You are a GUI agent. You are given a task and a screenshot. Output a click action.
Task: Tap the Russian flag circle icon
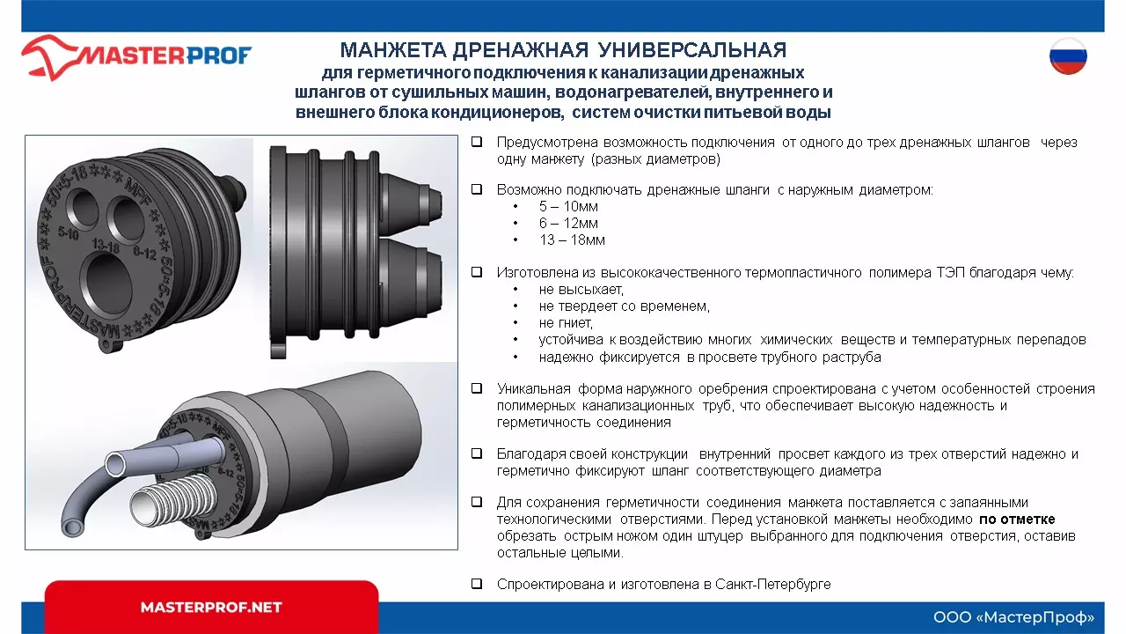pyautogui.click(x=1068, y=57)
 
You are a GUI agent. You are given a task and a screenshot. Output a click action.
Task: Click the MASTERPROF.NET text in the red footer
pyautogui.click(x=211, y=608)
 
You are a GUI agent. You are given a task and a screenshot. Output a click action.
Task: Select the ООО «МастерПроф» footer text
pyautogui.click(x=1013, y=616)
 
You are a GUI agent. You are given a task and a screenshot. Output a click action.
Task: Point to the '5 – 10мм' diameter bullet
pyautogui.click(x=568, y=207)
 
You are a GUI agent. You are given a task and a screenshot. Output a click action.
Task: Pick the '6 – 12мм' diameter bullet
pyautogui.click(x=568, y=224)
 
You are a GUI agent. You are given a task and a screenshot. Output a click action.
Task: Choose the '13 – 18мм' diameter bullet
pyautogui.click(x=572, y=240)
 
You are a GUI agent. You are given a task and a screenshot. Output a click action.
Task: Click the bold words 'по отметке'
pyautogui.click(x=1017, y=520)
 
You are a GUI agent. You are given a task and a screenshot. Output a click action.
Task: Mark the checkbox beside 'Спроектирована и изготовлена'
pyautogui.click(x=476, y=584)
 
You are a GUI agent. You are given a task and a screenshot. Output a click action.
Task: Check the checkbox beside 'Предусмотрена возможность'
pyautogui.click(x=476, y=143)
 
